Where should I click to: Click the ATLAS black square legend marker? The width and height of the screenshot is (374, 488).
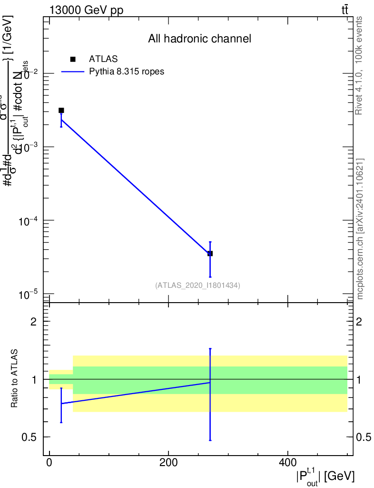click(73, 59)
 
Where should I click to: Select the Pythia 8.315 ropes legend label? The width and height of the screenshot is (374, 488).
click(127, 71)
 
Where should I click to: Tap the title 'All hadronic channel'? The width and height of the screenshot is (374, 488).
click(199, 39)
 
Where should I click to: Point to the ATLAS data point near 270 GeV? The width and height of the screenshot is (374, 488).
click(210, 254)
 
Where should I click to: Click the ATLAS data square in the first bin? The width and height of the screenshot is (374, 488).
click(61, 111)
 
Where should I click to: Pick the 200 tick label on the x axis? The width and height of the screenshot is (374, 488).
click(168, 462)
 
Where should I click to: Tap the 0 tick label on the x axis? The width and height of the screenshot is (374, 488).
click(49, 462)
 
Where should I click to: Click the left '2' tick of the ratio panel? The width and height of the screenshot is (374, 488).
click(34, 322)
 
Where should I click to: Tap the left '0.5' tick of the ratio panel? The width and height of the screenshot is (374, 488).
click(30, 437)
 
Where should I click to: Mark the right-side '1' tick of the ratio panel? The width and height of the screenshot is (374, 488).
click(360, 380)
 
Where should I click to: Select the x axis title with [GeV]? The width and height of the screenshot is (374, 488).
click(325, 475)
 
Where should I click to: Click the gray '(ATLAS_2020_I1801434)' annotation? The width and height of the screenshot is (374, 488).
click(197, 285)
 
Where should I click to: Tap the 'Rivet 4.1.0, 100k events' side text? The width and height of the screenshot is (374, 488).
click(359, 65)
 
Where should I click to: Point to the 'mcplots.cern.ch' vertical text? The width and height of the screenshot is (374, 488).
click(360, 229)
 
